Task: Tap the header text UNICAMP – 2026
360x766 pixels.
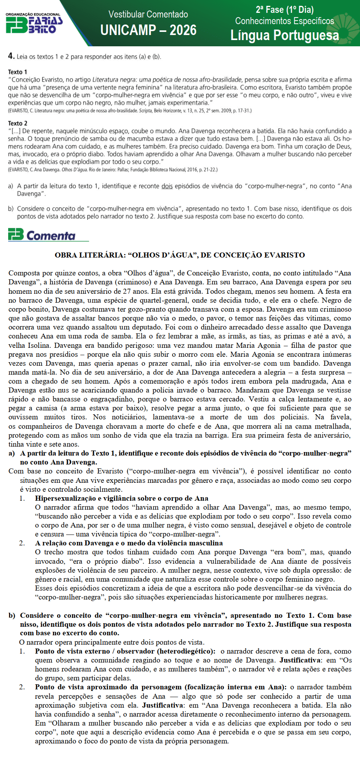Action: (x=148, y=30)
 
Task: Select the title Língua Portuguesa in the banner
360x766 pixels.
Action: (x=284, y=35)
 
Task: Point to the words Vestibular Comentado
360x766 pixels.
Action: (x=148, y=14)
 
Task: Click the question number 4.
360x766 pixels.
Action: (x=11, y=56)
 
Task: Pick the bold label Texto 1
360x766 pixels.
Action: (x=18, y=72)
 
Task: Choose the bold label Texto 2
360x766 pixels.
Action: (x=18, y=123)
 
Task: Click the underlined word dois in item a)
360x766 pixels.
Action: (x=167, y=186)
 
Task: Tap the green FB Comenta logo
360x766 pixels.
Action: (x=42, y=235)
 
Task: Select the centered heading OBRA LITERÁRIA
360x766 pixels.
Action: (x=180, y=255)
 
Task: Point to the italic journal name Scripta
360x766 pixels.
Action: (x=146, y=111)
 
